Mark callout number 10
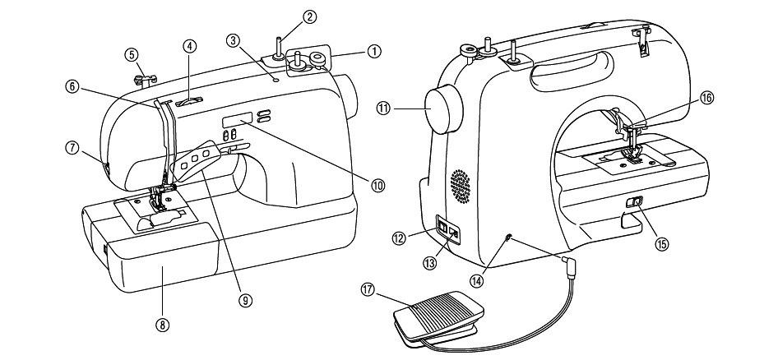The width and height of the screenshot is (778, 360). [x=377, y=185]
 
